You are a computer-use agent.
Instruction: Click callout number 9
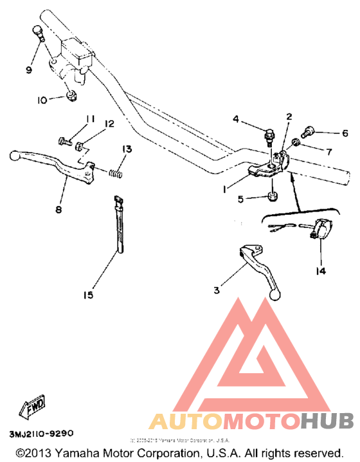[x=29, y=69]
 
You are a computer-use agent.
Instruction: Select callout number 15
[x=88, y=295]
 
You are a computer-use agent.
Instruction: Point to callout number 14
[x=321, y=271]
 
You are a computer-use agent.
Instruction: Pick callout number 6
[x=345, y=134]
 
